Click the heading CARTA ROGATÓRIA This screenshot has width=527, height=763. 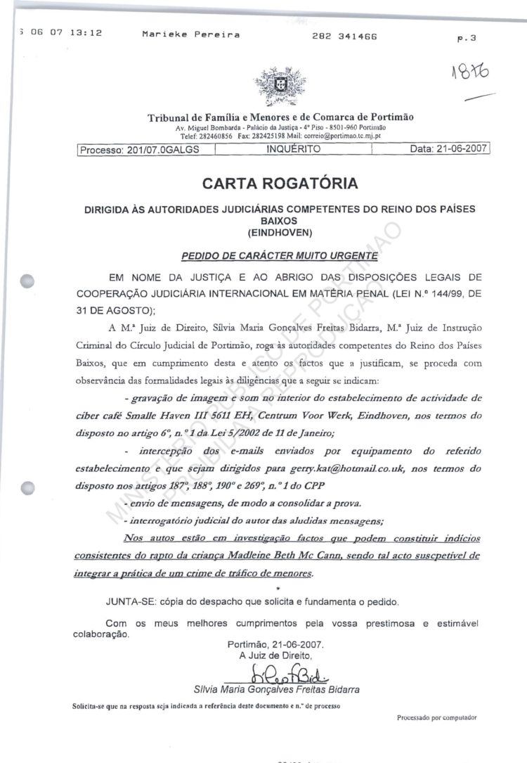(280, 184)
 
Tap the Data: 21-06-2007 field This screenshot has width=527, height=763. (448, 149)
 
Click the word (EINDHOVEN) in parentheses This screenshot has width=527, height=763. (280, 231)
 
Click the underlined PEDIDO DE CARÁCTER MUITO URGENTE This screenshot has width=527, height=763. (280, 255)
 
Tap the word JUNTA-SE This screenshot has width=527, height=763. (131, 602)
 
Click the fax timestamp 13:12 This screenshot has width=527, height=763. (86, 32)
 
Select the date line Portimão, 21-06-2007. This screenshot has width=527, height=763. (276, 644)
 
